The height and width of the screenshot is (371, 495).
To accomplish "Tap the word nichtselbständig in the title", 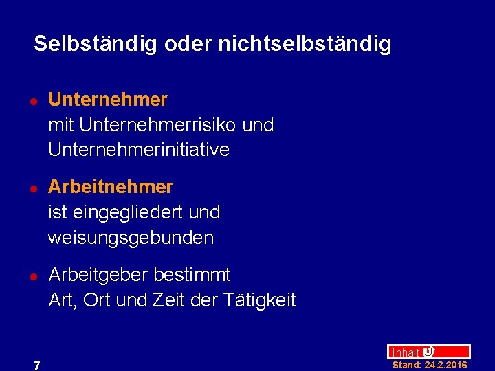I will click(305, 44).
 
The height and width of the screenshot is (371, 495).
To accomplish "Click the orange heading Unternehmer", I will click(108, 100).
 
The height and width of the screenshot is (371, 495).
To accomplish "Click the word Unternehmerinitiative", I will click(139, 150).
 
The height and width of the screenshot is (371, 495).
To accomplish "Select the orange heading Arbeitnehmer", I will click(111, 187).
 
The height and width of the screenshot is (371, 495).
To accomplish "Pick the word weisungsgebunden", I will click(131, 238).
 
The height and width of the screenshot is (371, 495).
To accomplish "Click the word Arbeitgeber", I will click(98, 275).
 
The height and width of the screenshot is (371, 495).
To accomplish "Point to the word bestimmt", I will click(192, 275).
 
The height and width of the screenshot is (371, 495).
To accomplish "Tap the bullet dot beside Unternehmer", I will click(32, 101).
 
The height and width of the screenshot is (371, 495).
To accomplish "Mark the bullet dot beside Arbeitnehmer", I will click(32, 188).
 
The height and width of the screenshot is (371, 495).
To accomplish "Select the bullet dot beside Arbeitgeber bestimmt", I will click(32, 276).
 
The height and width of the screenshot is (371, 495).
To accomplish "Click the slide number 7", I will click(37, 366).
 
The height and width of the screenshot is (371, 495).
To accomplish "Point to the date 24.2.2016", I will click(446, 365).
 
